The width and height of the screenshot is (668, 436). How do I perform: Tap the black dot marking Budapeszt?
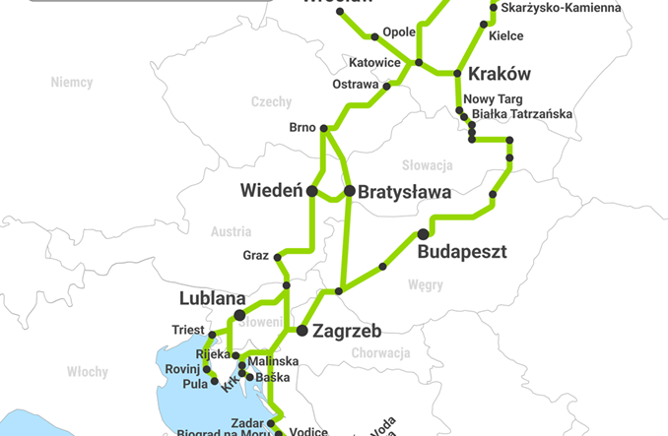tap(423, 233)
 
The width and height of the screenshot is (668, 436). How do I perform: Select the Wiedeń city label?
tap(271, 191)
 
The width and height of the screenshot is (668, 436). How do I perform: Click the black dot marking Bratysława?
tap(349, 190)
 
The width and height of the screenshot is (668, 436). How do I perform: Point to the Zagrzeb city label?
tap(346, 331)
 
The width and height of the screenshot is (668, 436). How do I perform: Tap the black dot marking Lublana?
tap(239, 314)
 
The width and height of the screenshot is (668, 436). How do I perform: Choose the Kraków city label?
tap(499, 74)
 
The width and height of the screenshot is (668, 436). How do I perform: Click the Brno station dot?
tap(323, 128)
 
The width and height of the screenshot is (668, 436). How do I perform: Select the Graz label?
tap(255, 256)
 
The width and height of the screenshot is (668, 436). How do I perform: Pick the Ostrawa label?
tap(356, 85)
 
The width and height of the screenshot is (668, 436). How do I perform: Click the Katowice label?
tap(374, 63)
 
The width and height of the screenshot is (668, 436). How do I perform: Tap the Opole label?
tap(398, 31)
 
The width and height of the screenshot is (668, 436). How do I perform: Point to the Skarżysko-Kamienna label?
tap(561, 9)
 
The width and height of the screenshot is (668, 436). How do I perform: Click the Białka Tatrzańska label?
tap(521, 114)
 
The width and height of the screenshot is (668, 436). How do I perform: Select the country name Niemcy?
tap(71, 83)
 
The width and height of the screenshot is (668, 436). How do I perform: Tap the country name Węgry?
tap(426, 285)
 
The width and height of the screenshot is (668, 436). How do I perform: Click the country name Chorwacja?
tap(379, 352)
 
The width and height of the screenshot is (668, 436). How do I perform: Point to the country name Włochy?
tap(87, 371)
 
